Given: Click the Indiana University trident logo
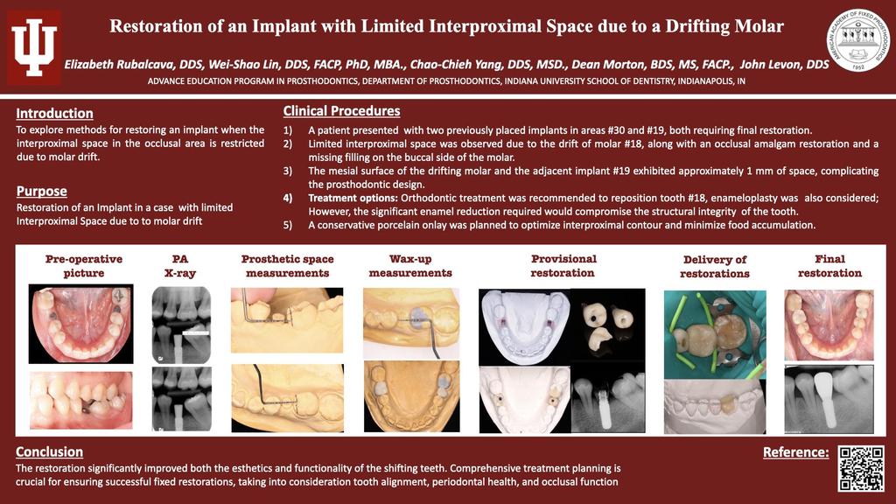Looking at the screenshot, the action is [x=34, y=47].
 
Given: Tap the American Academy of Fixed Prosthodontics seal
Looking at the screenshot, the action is [x=857, y=40].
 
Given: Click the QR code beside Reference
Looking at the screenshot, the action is [x=861, y=469].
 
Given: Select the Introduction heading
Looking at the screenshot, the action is [x=54, y=113].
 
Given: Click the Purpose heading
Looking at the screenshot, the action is [x=42, y=191].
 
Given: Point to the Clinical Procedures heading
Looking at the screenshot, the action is [x=342, y=111].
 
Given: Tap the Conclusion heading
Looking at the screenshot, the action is [x=49, y=451].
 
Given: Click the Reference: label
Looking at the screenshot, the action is [x=795, y=452].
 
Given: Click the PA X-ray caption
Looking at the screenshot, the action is [x=180, y=266].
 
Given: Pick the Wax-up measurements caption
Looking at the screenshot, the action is [x=410, y=266].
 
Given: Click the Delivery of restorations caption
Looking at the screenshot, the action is [x=715, y=266].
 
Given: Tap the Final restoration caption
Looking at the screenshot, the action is [x=829, y=266].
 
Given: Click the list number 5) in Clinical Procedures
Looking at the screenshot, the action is [x=287, y=225].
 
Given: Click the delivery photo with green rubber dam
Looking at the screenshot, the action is [x=715, y=335].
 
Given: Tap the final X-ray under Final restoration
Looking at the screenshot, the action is [x=829, y=399].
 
